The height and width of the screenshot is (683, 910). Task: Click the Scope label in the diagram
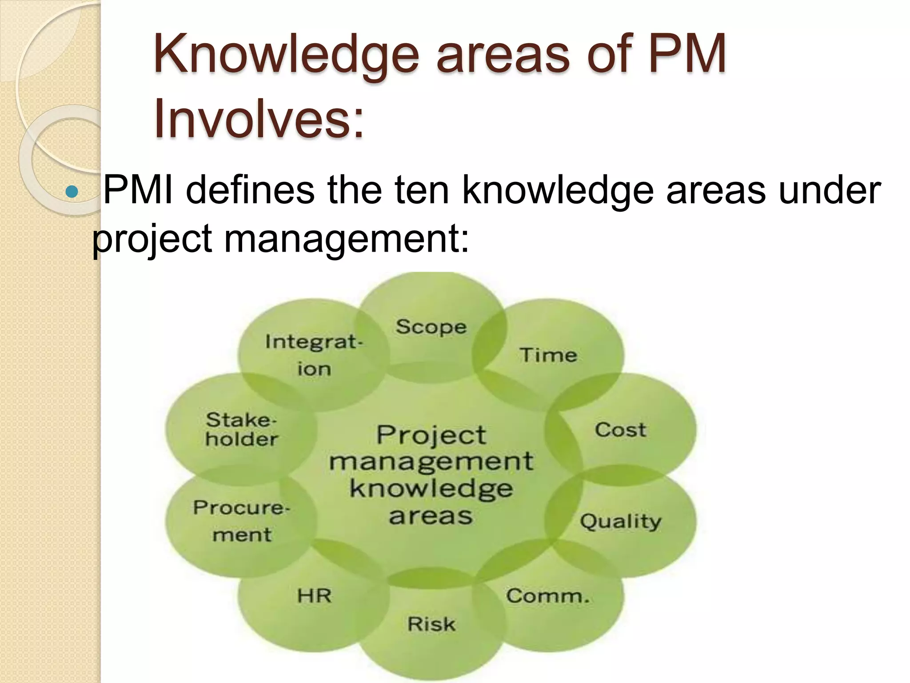click(x=431, y=327)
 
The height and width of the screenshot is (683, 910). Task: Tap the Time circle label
click(x=548, y=355)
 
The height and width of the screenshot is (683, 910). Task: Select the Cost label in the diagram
click(x=620, y=430)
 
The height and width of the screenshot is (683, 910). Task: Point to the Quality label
click(x=620, y=521)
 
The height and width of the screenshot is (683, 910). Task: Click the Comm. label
click(x=547, y=596)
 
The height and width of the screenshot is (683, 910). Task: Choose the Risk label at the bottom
click(x=431, y=624)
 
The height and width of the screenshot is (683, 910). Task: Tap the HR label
click(x=315, y=596)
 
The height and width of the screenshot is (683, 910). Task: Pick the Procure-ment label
click(x=242, y=521)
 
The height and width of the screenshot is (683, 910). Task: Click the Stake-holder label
click(x=242, y=430)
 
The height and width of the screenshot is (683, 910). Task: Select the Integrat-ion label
click(x=314, y=355)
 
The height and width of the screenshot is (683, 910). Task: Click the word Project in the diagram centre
click(x=431, y=435)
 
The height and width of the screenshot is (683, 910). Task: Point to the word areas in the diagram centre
click(x=431, y=516)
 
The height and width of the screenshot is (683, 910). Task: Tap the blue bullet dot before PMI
click(x=71, y=192)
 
